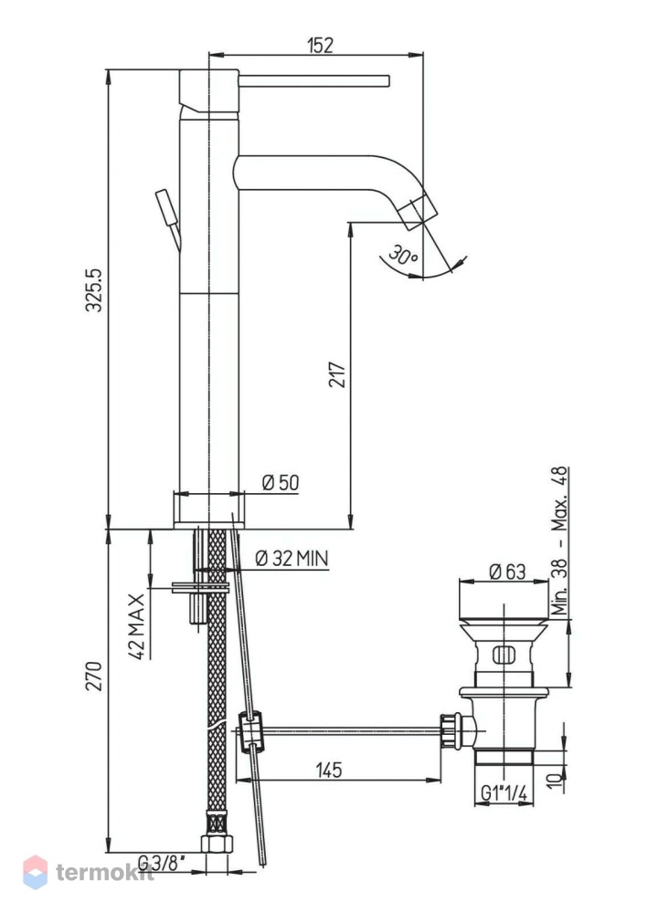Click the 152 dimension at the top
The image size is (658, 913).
pyautogui.click(x=321, y=45)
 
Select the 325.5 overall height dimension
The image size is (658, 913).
pyautogui.click(x=94, y=290)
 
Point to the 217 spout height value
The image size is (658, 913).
pyautogui.click(x=337, y=374)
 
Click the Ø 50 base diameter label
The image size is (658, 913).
pyautogui.click(x=281, y=483)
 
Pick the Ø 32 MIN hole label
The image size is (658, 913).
pyautogui.click(x=292, y=559)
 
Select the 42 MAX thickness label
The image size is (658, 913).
pyautogui.click(x=136, y=626)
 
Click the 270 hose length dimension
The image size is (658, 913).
pyautogui.click(x=94, y=676)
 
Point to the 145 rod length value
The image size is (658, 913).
pyautogui.click(x=329, y=770)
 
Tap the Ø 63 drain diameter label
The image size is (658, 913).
pyautogui.click(x=507, y=572)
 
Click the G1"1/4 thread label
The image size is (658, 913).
pyautogui.click(x=504, y=793)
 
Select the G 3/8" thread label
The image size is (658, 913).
pyautogui.click(x=162, y=861)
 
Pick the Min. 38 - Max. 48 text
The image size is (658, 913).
pyautogui.click(x=559, y=540)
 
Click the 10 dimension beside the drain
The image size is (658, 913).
pyautogui.click(x=556, y=778)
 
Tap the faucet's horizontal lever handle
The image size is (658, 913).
pyautogui.click(x=313, y=81)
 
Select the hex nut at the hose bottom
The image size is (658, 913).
pyautogui.click(x=217, y=844)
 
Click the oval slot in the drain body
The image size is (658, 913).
pyautogui.click(x=504, y=655)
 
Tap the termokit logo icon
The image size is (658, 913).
pyautogui.click(x=35, y=872)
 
